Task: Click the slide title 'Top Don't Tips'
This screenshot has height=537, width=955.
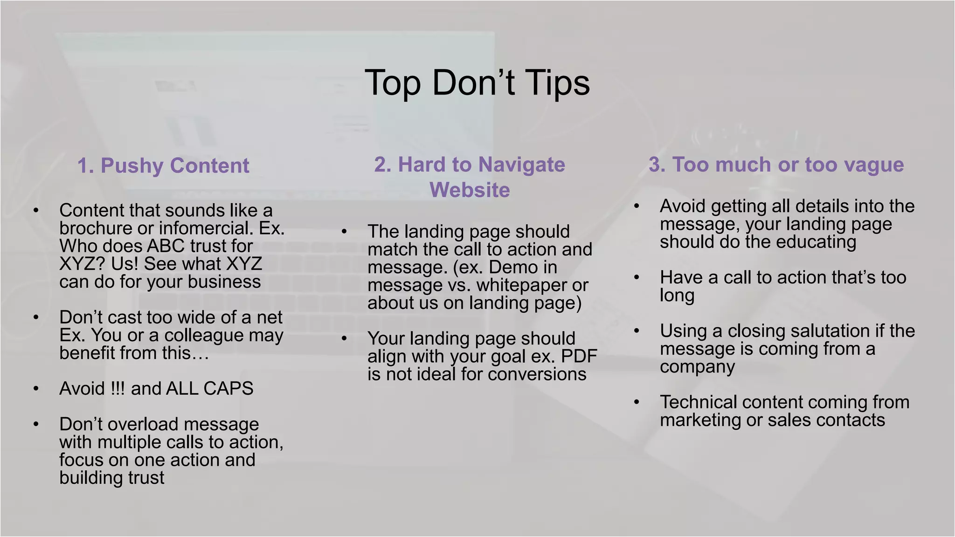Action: [477, 83]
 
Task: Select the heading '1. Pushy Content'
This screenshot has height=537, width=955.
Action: [163, 165]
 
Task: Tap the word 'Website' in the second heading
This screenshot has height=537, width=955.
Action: [470, 190]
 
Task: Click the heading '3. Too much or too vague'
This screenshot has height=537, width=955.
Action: [776, 165]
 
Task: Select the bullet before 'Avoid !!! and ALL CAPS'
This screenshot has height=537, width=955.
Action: [36, 389]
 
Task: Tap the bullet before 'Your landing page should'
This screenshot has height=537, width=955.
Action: [344, 339]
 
